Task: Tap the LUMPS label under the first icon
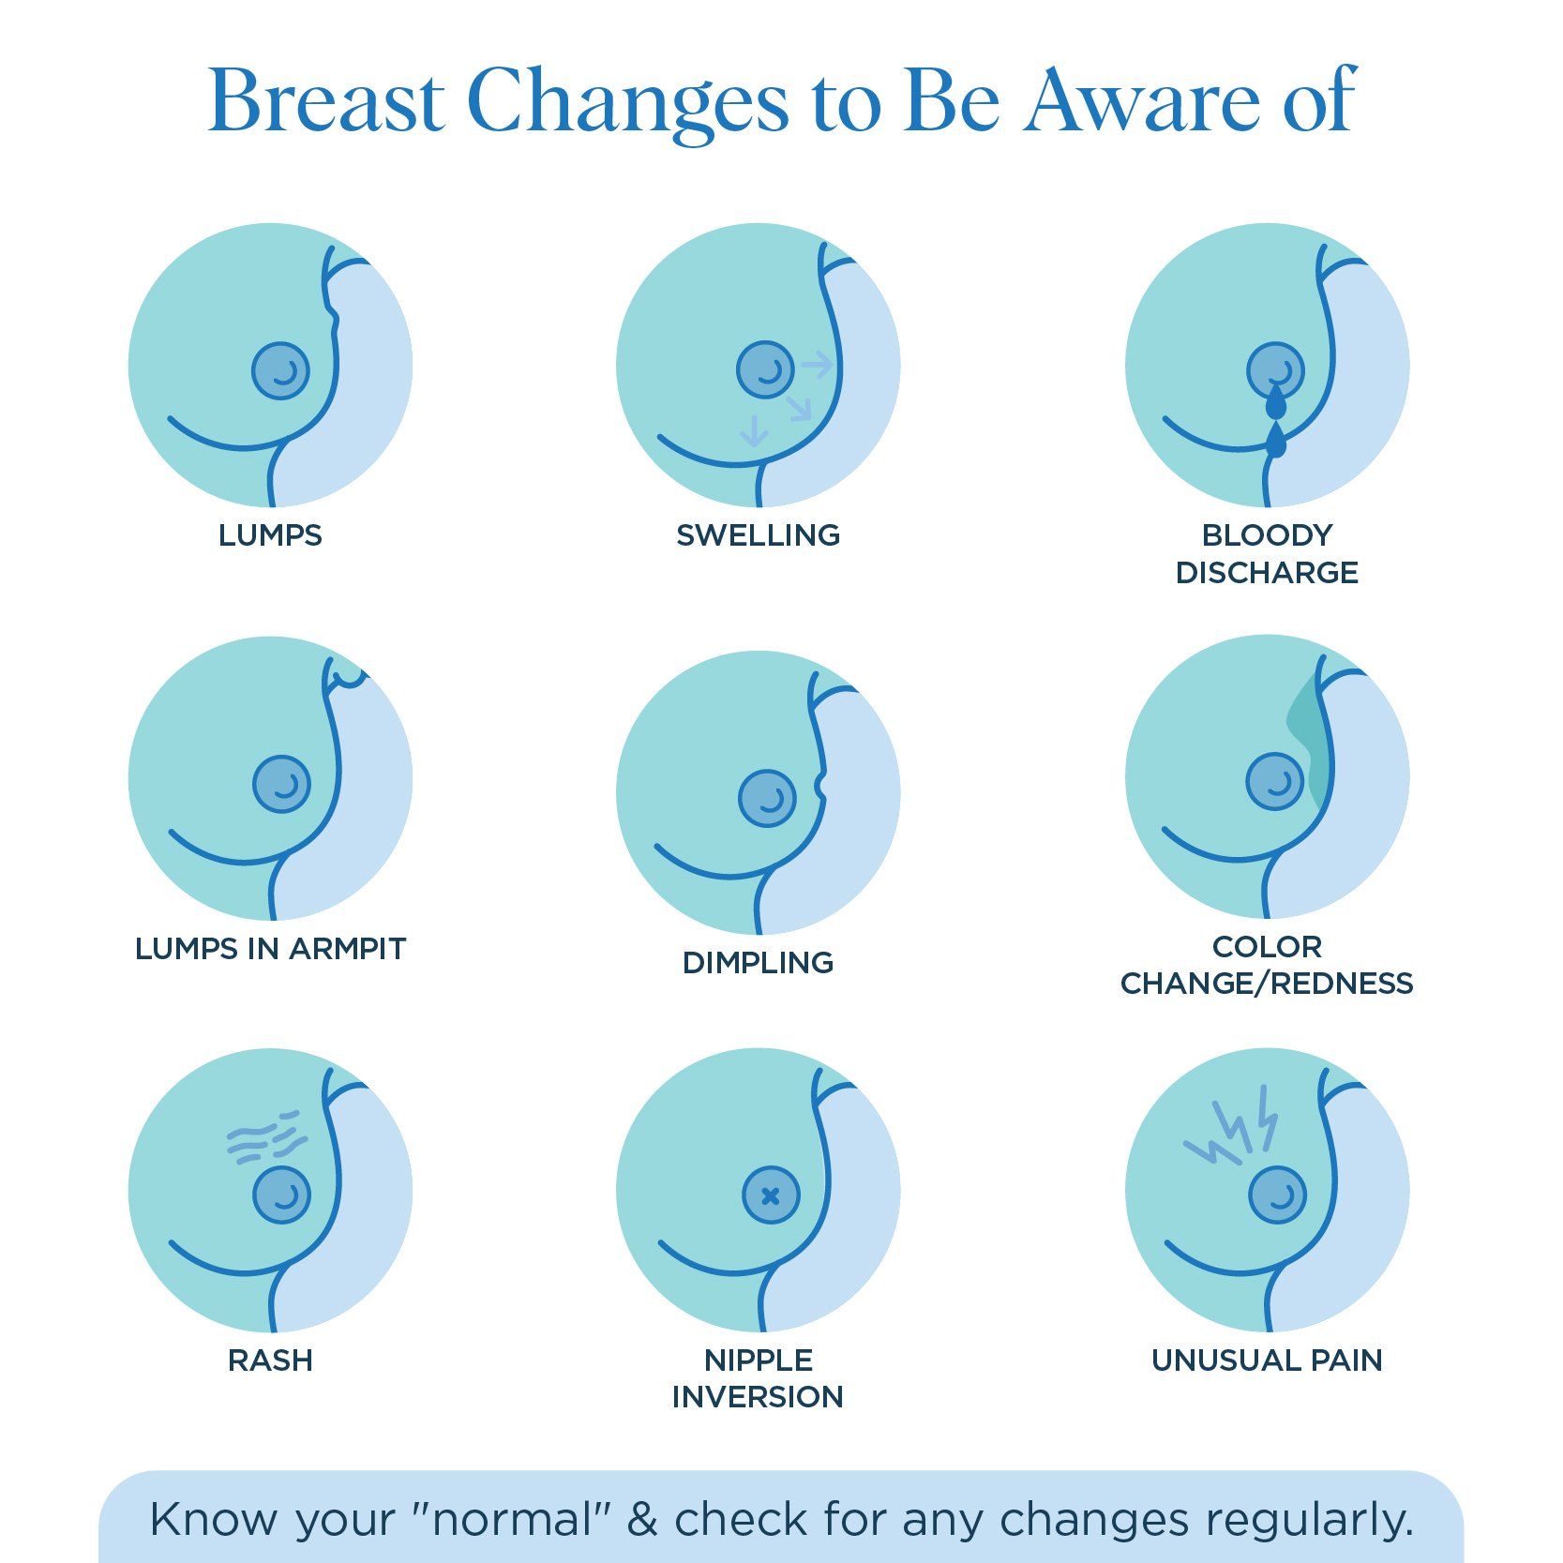[x=270, y=535]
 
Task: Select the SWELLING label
[x=758, y=535]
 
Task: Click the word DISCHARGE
[x=1267, y=573]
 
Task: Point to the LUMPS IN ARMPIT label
[x=270, y=949]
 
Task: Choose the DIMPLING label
[x=758, y=963]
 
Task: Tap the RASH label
[x=270, y=1360]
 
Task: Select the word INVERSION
[x=758, y=1397]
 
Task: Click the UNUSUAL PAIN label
[x=1267, y=1360]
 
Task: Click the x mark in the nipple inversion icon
[x=771, y=1195]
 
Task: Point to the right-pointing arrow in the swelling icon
[x=817, y=365]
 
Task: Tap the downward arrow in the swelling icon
[x=754, y=431]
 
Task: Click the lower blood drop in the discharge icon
[x=1276, y=442]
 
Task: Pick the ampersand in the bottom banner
[x=642, y=1520]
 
